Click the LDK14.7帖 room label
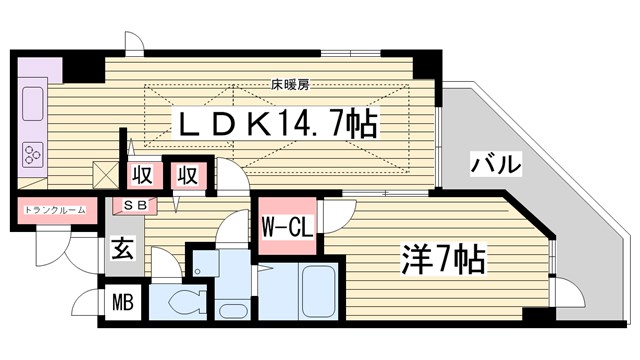pos(279,126)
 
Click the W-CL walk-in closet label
pos(289,227)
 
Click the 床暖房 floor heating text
pos(287,84)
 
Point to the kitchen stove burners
pos(32,155)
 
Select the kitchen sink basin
pos(30,102)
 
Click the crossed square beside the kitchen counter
pos(104,174)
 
